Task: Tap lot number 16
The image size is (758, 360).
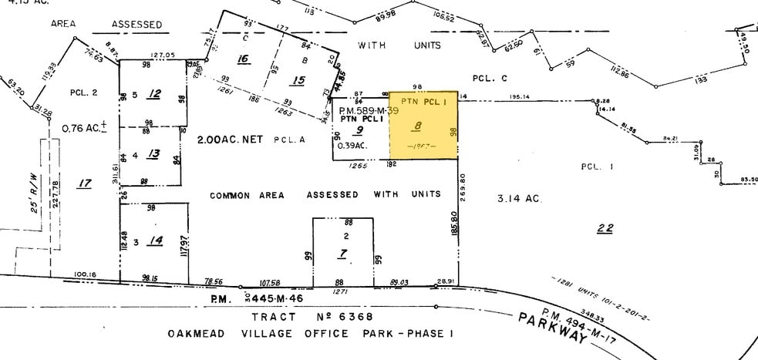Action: pos(244,59)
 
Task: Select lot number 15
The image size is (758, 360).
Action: pos(298,80)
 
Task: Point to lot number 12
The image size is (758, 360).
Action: pos(154,94)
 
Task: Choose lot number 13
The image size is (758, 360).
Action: pos(153,154)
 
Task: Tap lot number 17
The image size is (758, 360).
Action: pos(84,183)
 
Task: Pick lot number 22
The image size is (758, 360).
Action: pos(605,227)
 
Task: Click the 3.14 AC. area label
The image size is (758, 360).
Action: pos(520,199)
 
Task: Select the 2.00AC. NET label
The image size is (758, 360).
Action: pos(231,140)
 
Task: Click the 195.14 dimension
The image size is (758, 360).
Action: pos(520,97)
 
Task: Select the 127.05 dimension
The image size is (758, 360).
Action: pos(163,55)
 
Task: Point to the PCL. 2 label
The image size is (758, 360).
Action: pos(83,93)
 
